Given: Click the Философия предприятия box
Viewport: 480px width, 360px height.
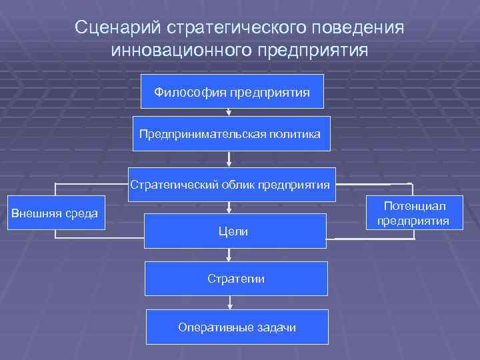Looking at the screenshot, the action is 232,91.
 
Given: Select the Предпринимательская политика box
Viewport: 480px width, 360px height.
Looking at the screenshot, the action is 229,135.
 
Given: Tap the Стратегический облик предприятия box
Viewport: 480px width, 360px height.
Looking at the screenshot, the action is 230,185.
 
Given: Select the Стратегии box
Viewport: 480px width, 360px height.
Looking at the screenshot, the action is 236,278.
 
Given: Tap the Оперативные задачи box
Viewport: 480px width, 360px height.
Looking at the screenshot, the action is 237,327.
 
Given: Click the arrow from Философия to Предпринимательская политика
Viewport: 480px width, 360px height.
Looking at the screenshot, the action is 229,113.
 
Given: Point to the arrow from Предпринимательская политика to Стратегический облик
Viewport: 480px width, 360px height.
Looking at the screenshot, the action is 229,159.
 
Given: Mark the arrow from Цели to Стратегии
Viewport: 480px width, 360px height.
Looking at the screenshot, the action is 229,254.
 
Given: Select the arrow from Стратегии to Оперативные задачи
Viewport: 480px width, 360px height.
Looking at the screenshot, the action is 229,302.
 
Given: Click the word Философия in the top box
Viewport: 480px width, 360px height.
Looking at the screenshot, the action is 191,92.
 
